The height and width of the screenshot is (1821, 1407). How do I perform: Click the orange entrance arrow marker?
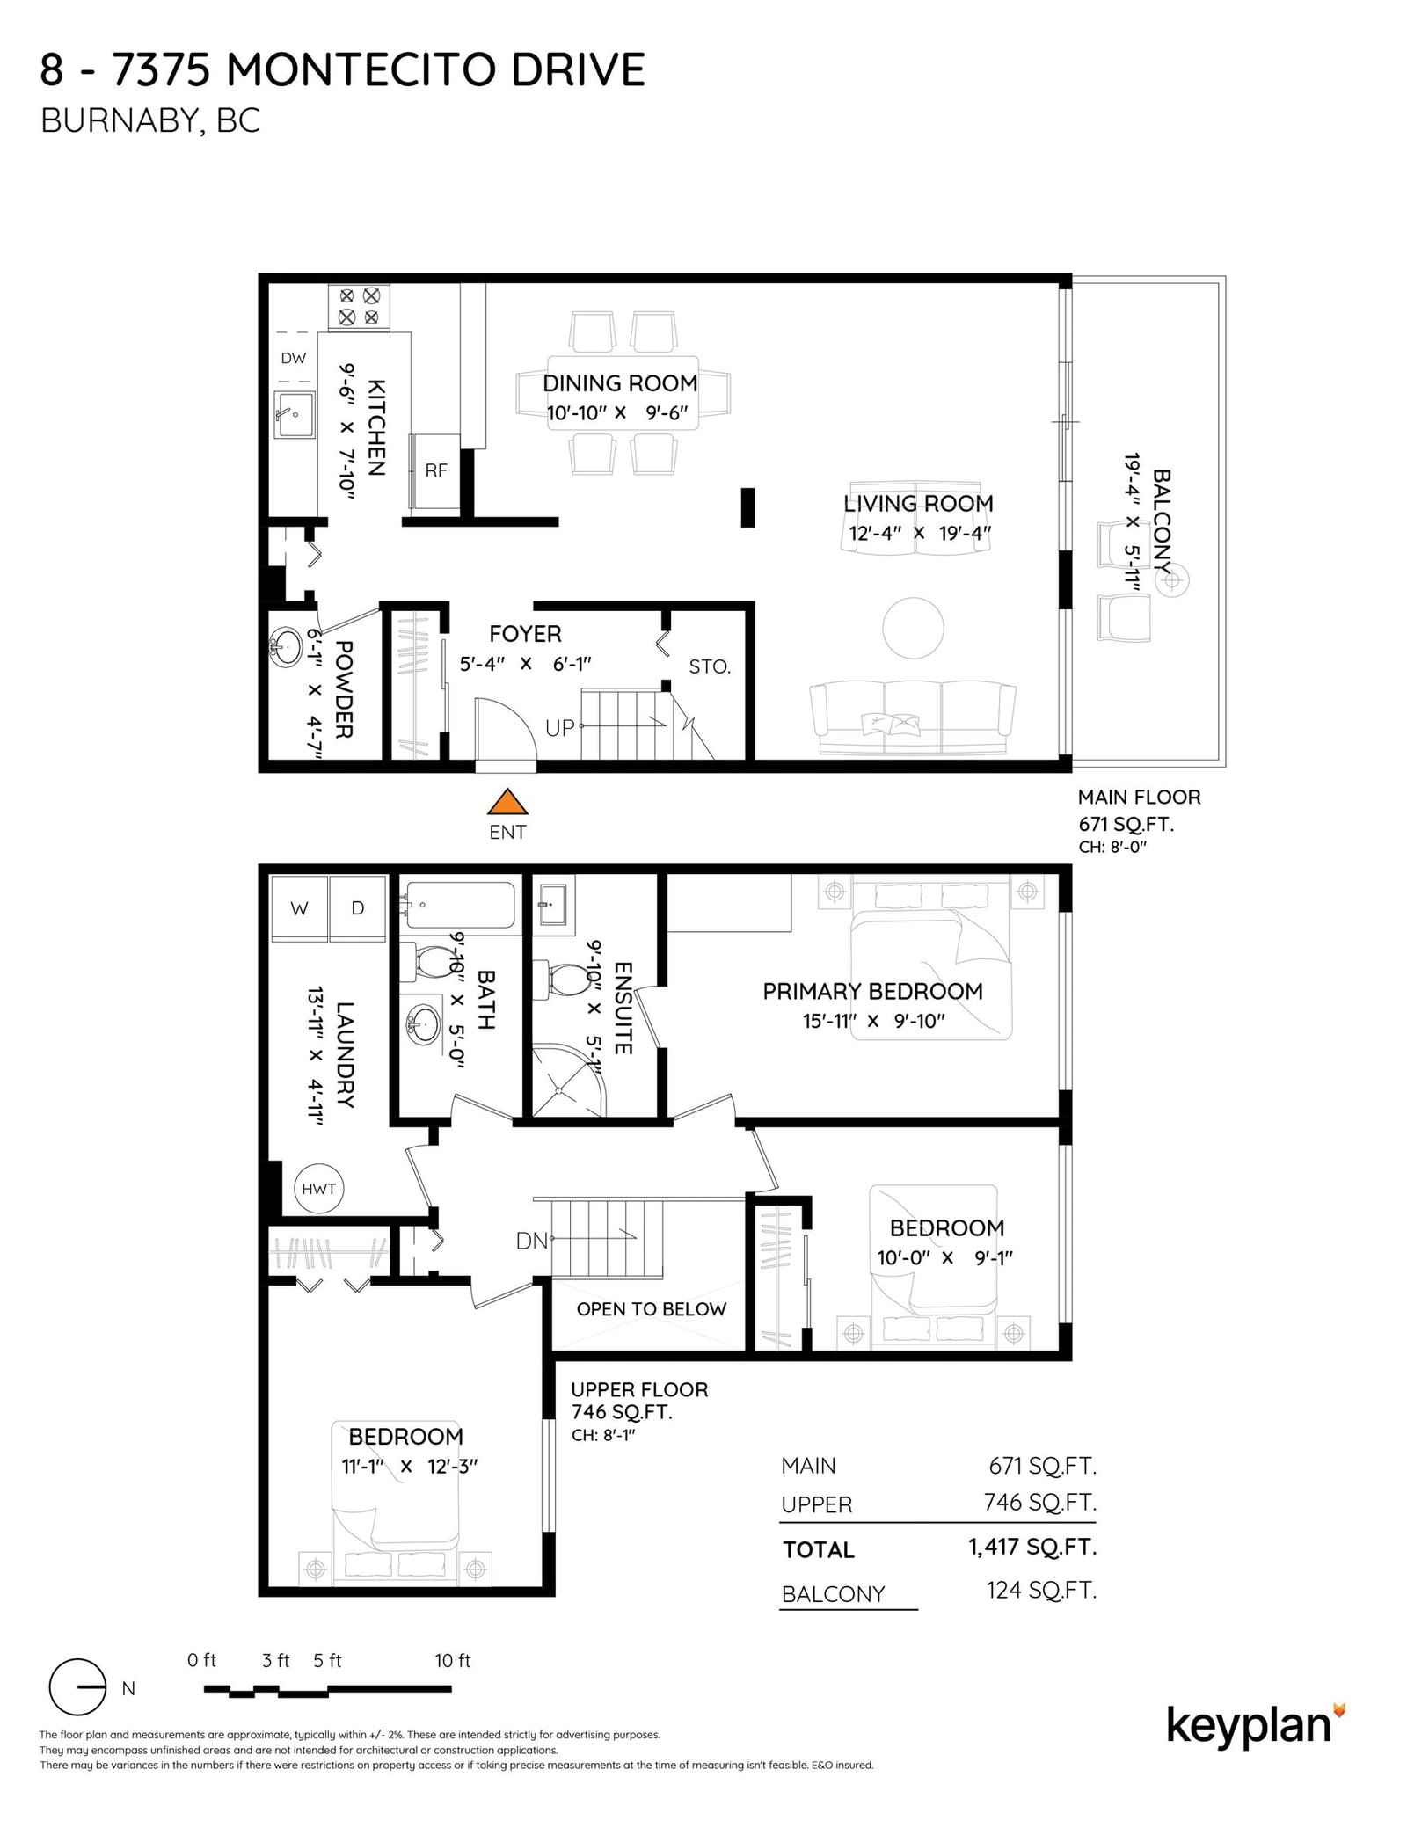(507, 802)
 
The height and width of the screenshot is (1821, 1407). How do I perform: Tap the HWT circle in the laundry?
(318, 1189)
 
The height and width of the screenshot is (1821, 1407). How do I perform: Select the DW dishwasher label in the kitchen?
(294, 358)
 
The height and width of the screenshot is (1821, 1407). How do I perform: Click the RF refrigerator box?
(435, 471)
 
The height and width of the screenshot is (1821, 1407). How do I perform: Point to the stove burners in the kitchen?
(359, 306)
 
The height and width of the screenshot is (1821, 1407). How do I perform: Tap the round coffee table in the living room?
(913, 628)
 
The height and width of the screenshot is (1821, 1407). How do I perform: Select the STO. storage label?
(710, 666)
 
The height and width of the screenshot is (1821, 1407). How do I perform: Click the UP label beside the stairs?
(560, 727)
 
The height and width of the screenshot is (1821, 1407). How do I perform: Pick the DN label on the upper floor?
(532, 1241)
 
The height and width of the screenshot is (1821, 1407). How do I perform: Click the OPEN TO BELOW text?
(651, 1309)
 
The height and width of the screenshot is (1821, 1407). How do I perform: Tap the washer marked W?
(299, 908)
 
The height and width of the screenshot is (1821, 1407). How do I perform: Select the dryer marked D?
(358, 908)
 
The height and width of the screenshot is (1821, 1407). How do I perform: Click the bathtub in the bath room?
(459, 905)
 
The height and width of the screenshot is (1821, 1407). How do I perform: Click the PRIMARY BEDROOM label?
(872, 991)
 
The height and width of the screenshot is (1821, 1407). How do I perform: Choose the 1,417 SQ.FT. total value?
(1032, 1547)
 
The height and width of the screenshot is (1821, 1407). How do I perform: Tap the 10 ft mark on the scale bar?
(452, 1660)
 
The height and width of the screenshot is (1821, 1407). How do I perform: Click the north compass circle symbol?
(77, 1687)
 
